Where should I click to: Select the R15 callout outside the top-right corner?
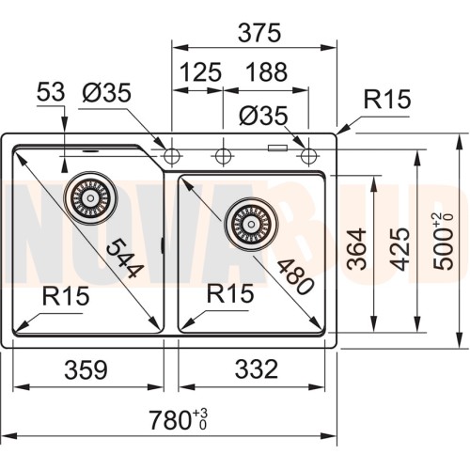386,100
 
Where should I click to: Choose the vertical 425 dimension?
400,249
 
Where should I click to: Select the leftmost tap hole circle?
172,154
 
